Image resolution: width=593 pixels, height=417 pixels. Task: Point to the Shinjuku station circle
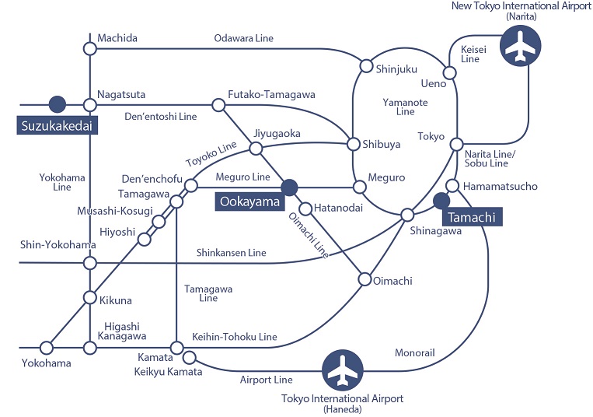point(365,67)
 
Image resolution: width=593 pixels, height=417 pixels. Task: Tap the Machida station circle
point(89,48)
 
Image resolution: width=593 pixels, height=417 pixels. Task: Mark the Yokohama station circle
point(46,347)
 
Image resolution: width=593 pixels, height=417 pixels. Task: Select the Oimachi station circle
point(365,279)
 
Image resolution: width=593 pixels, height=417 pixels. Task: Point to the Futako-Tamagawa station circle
point(218,104)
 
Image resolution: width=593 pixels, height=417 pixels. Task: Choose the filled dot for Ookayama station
point(289,187)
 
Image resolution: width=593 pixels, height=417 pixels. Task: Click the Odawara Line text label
point(244,38)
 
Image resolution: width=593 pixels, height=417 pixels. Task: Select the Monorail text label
point(415,352)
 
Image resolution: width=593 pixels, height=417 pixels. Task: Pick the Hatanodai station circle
point(306,208)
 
